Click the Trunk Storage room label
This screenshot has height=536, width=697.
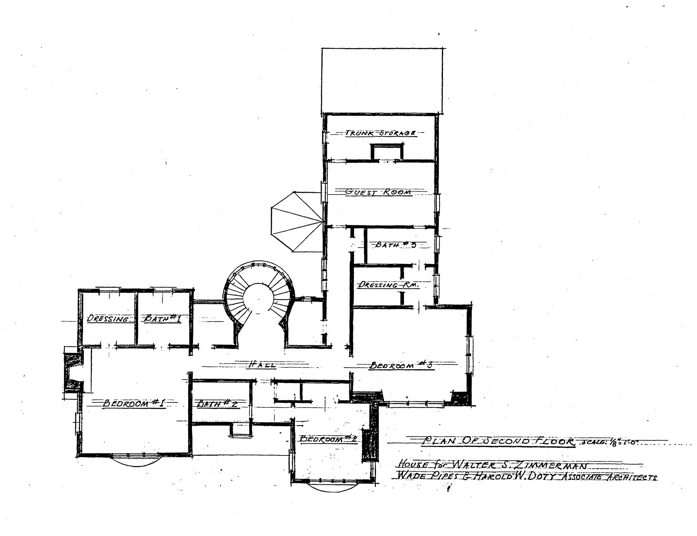click(381, 133)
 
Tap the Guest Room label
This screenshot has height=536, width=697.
click(378, 192)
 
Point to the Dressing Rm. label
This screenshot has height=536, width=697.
click(388, 285)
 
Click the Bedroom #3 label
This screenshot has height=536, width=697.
click(400, 366)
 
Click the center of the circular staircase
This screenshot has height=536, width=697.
click(259, 299)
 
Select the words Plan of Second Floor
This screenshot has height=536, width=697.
click(499, 441)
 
